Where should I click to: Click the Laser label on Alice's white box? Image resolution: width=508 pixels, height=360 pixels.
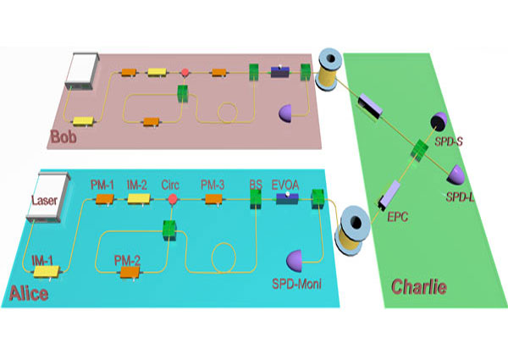(44, 200)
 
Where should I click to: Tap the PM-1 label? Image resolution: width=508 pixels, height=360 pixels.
(102, 185)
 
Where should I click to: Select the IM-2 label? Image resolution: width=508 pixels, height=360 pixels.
(136, 185)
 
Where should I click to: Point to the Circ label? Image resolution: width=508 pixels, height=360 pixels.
(170, 185)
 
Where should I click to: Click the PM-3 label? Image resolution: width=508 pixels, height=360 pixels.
(213, 185)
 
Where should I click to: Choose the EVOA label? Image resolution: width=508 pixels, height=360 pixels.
(285, 185)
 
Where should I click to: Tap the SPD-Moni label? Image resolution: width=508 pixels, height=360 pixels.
(297, 284)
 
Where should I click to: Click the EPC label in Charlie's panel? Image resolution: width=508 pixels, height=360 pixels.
(398, 217)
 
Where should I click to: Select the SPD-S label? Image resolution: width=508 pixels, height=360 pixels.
(449, 141)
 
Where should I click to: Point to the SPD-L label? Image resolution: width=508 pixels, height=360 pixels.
(460, 197)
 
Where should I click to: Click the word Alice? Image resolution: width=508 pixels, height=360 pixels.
(29, 294)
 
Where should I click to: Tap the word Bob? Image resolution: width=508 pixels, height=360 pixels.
(63, 136)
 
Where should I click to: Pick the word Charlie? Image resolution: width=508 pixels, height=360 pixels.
(419, 287)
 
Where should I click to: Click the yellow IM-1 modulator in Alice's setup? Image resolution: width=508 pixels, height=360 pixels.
(47, 272)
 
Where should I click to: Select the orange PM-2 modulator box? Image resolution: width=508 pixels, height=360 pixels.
(130, 272)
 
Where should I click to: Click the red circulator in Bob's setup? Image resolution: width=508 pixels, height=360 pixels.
(185, 72)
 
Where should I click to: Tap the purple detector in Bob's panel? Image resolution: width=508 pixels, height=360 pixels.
(285, 114)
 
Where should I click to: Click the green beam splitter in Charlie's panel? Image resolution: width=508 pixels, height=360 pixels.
(420, 150)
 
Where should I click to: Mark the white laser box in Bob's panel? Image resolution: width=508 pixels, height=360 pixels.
(82, 71)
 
